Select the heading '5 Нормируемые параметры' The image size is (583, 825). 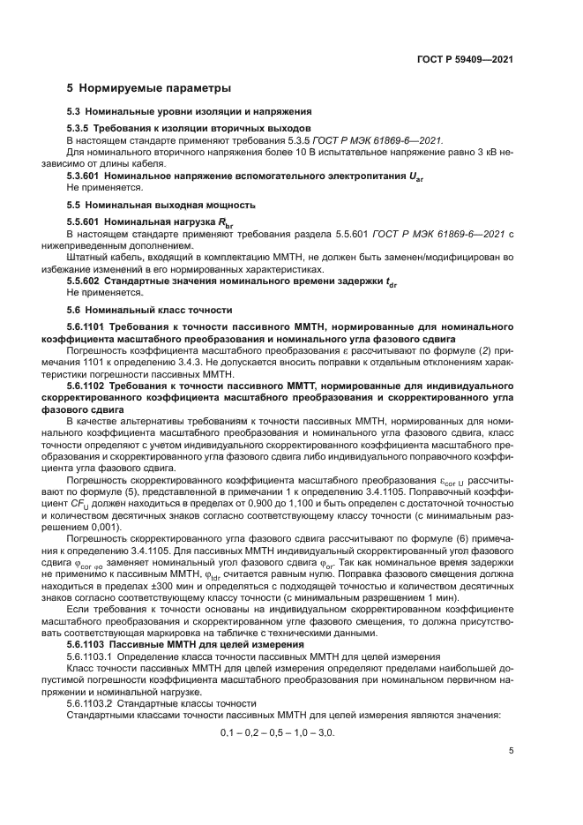[149, 88]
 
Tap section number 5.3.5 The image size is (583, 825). [82, 128]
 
